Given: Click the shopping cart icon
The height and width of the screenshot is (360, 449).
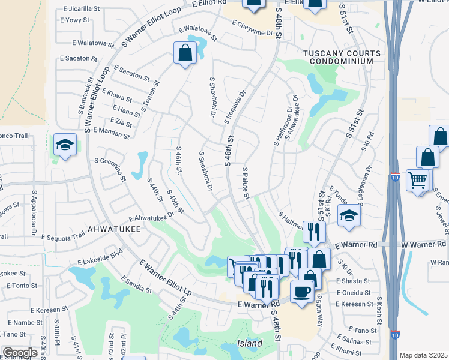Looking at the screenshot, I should coord(417,179).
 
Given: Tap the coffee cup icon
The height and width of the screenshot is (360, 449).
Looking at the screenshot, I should coord(301,291).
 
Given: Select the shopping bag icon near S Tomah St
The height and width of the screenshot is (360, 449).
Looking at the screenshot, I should coord(185,53).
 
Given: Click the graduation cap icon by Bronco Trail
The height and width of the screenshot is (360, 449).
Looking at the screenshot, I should coord(65,145).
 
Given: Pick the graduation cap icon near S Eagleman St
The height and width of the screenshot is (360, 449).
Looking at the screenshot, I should coord(349,215).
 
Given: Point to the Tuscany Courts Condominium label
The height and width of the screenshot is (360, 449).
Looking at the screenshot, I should coord(342,57).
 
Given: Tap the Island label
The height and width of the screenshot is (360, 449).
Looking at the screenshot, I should coord(249,343).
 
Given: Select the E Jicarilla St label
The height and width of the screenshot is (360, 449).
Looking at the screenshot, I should coord(80,10).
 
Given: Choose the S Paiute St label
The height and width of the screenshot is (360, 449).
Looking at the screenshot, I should coord(246,184).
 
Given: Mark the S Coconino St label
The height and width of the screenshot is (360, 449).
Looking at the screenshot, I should coord(110,169).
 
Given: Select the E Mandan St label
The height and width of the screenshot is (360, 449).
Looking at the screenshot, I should coord(108,130).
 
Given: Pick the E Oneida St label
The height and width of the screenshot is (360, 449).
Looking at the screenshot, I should coord(354,292).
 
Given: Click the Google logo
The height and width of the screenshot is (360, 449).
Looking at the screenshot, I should coord(20,353).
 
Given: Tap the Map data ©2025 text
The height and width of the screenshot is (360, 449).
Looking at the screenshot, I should coord(423,355).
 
